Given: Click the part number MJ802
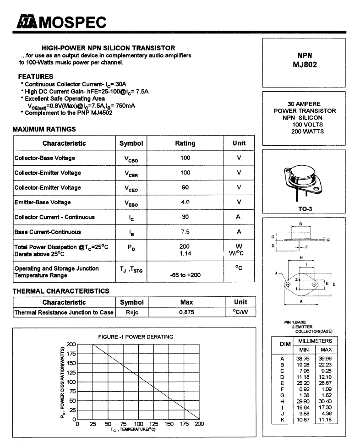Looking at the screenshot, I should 305,65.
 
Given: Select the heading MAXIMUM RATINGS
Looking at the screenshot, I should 44,130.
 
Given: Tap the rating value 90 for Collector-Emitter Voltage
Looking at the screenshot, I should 185,187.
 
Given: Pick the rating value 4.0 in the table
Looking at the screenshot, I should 185,202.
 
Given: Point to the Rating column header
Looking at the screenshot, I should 185,143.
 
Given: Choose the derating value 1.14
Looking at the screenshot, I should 185,253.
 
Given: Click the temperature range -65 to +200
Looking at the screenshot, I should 185,275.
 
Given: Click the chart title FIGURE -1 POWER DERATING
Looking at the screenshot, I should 136,337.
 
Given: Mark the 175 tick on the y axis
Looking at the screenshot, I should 71,354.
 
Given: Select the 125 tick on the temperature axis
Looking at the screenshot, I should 153,424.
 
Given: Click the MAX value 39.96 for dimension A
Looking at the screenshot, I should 326,358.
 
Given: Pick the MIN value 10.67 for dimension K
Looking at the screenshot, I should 303,420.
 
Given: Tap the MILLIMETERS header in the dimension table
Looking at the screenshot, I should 315,341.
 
